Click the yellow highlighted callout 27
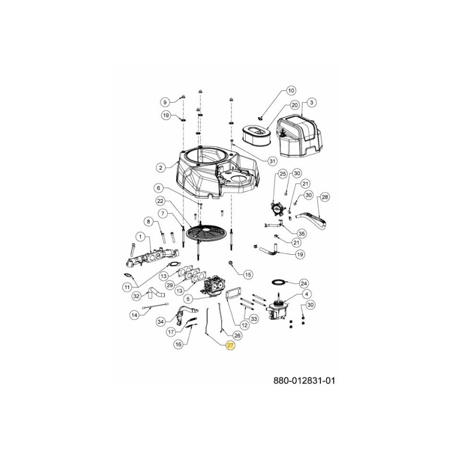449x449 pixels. pyautogui.click(x=231, y=346)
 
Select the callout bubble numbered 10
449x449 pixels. pyautogui.click(x=290, y=90)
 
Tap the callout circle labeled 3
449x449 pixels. pyautogui.click(x=312, y=102)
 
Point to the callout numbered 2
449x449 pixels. pyautogui.click(x=161, y=167)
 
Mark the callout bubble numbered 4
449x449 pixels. pyautogui.click(x=306, y=294)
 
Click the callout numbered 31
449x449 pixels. pyautogui.click(x=272, y=161)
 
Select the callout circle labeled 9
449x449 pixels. pyautogui.click(x=166, y=102)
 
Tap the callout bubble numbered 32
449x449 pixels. pyautogui.click(x=136, y=295)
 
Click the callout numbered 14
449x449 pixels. pyautogui.click(x=135, y=315)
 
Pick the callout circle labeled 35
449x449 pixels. pyautogui.click(x=301, y=233)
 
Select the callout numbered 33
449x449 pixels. pyautogui.click(x=254, y=319)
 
